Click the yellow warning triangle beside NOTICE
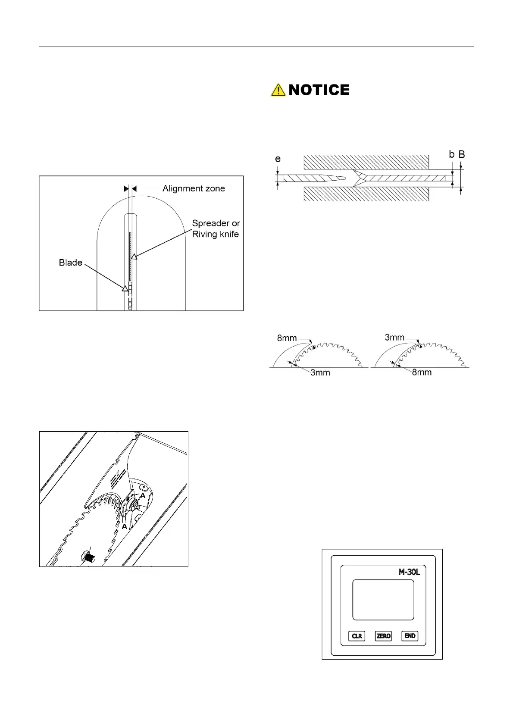278,90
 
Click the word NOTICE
319,90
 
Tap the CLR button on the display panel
357,636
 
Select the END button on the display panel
410,636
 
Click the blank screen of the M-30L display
383,600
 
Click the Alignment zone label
194,188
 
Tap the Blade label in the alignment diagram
70,263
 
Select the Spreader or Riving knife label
216,229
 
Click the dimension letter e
278,159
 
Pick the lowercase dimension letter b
451,154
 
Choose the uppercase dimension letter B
462,154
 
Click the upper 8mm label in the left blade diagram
287,338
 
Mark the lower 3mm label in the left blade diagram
320,372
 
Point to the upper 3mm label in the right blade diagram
394,338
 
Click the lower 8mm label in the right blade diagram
421,372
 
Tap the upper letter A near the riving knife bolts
143,496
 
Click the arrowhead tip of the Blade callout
125,288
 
